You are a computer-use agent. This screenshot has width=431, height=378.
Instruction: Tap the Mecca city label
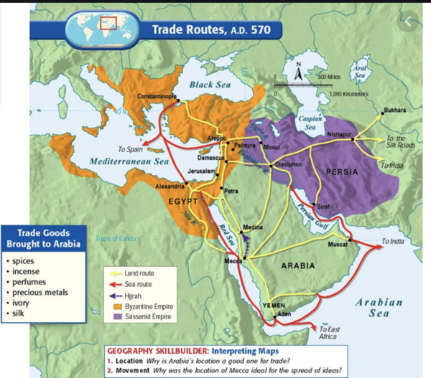233,261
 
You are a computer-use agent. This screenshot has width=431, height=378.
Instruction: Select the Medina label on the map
252,227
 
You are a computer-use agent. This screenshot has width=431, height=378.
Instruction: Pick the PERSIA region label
341,172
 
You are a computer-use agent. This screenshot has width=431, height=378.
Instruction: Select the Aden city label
285,314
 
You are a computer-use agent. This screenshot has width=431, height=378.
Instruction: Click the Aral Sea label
360,70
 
